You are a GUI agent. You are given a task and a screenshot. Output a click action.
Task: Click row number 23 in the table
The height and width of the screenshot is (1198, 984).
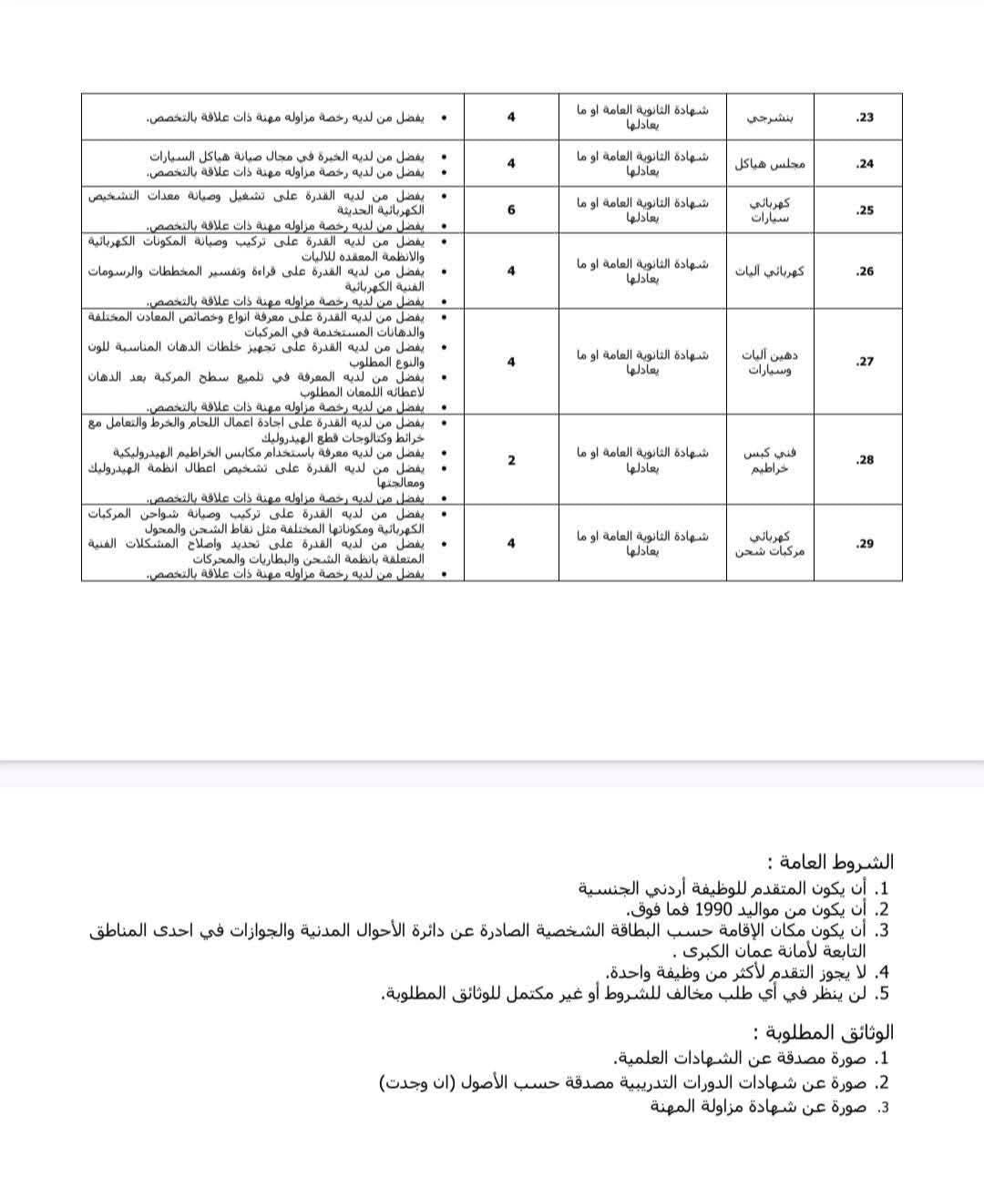point(865,118)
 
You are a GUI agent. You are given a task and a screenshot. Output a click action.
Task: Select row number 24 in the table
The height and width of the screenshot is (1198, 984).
point(865,164)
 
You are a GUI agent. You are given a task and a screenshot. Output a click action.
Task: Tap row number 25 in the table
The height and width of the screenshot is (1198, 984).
point(865,210)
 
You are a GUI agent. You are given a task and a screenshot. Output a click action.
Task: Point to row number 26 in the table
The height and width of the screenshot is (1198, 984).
point(865,271)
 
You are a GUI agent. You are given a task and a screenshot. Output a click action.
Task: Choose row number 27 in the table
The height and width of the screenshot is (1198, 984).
point(865,362)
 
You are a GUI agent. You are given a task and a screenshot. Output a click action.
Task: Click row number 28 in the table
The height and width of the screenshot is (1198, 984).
point(865,460)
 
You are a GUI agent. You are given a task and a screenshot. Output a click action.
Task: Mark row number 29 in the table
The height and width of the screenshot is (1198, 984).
point(865,543)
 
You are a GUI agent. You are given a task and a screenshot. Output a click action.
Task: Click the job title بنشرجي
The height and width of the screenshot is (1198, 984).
point(770,118)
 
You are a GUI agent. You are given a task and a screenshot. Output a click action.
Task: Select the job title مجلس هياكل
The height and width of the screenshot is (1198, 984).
point(770,164)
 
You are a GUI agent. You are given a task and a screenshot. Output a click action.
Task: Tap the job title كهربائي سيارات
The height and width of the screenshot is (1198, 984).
point(770,210)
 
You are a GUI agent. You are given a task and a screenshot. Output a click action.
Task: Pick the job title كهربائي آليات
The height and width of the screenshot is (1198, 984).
point(770,271)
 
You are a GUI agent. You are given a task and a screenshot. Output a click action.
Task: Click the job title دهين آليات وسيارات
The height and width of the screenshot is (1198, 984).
point(770,363)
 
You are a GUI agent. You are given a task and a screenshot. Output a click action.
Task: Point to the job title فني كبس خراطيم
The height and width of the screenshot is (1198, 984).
point(770,460)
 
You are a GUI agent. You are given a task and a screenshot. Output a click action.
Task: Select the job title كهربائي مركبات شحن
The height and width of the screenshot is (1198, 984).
point(770,544)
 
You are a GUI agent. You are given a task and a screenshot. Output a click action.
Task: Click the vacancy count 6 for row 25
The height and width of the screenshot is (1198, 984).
point(511,210)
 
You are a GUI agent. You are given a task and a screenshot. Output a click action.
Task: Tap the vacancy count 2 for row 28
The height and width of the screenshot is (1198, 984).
point(511,460)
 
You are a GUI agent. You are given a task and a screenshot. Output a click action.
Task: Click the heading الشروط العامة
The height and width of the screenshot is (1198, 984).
point(830,862)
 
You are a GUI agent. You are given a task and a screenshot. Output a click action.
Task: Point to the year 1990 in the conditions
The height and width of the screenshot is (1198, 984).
point(714,909)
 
